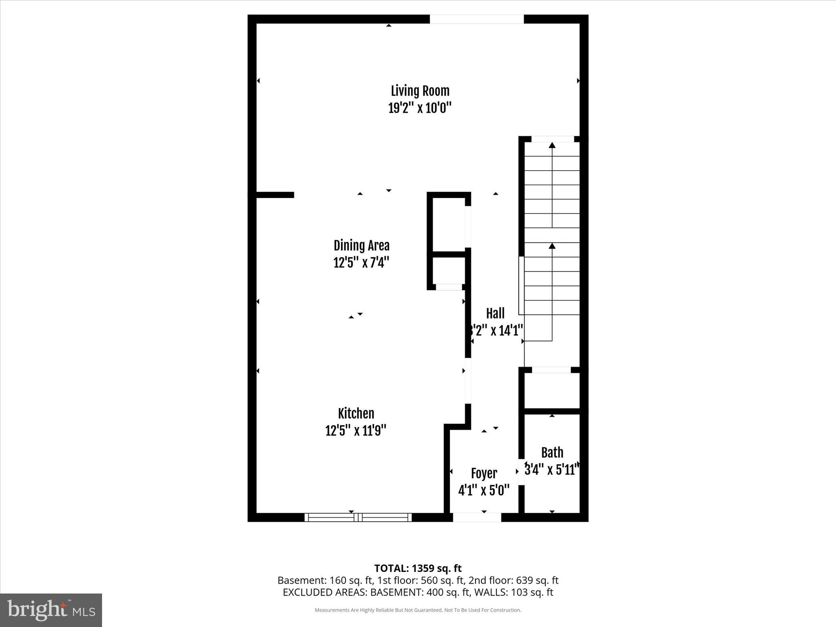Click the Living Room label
(420, 91)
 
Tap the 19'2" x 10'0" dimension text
(420, 108)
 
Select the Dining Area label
(361, 245)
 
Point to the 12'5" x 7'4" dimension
(361, 262)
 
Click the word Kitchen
(356, 414)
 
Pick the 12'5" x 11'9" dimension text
(356, 431)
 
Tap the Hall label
(495, 313)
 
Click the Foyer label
(484, 474)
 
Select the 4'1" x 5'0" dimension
(484, 490)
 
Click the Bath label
(552, 453)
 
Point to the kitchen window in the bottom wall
(358, 517)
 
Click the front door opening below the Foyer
(477, 517)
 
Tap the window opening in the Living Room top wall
(476, 19)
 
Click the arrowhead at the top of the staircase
(552, 145)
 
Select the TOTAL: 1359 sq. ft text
(418, 568)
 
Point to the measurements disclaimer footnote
(418, 610)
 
